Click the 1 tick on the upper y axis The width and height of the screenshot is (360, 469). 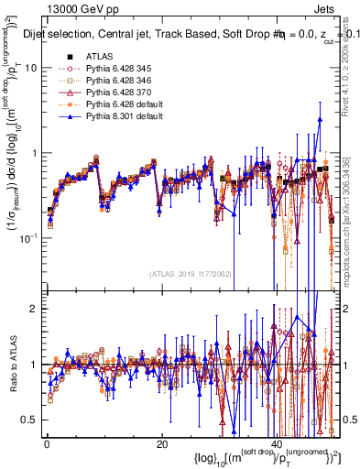(34, 153)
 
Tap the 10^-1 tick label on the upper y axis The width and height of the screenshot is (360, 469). (29, 237)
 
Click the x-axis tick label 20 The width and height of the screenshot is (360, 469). (161, 444)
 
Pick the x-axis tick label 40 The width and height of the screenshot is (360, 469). (276, 444)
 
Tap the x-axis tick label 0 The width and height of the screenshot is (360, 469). (47, 444)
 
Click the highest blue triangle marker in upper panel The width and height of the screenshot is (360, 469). (320, 118)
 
